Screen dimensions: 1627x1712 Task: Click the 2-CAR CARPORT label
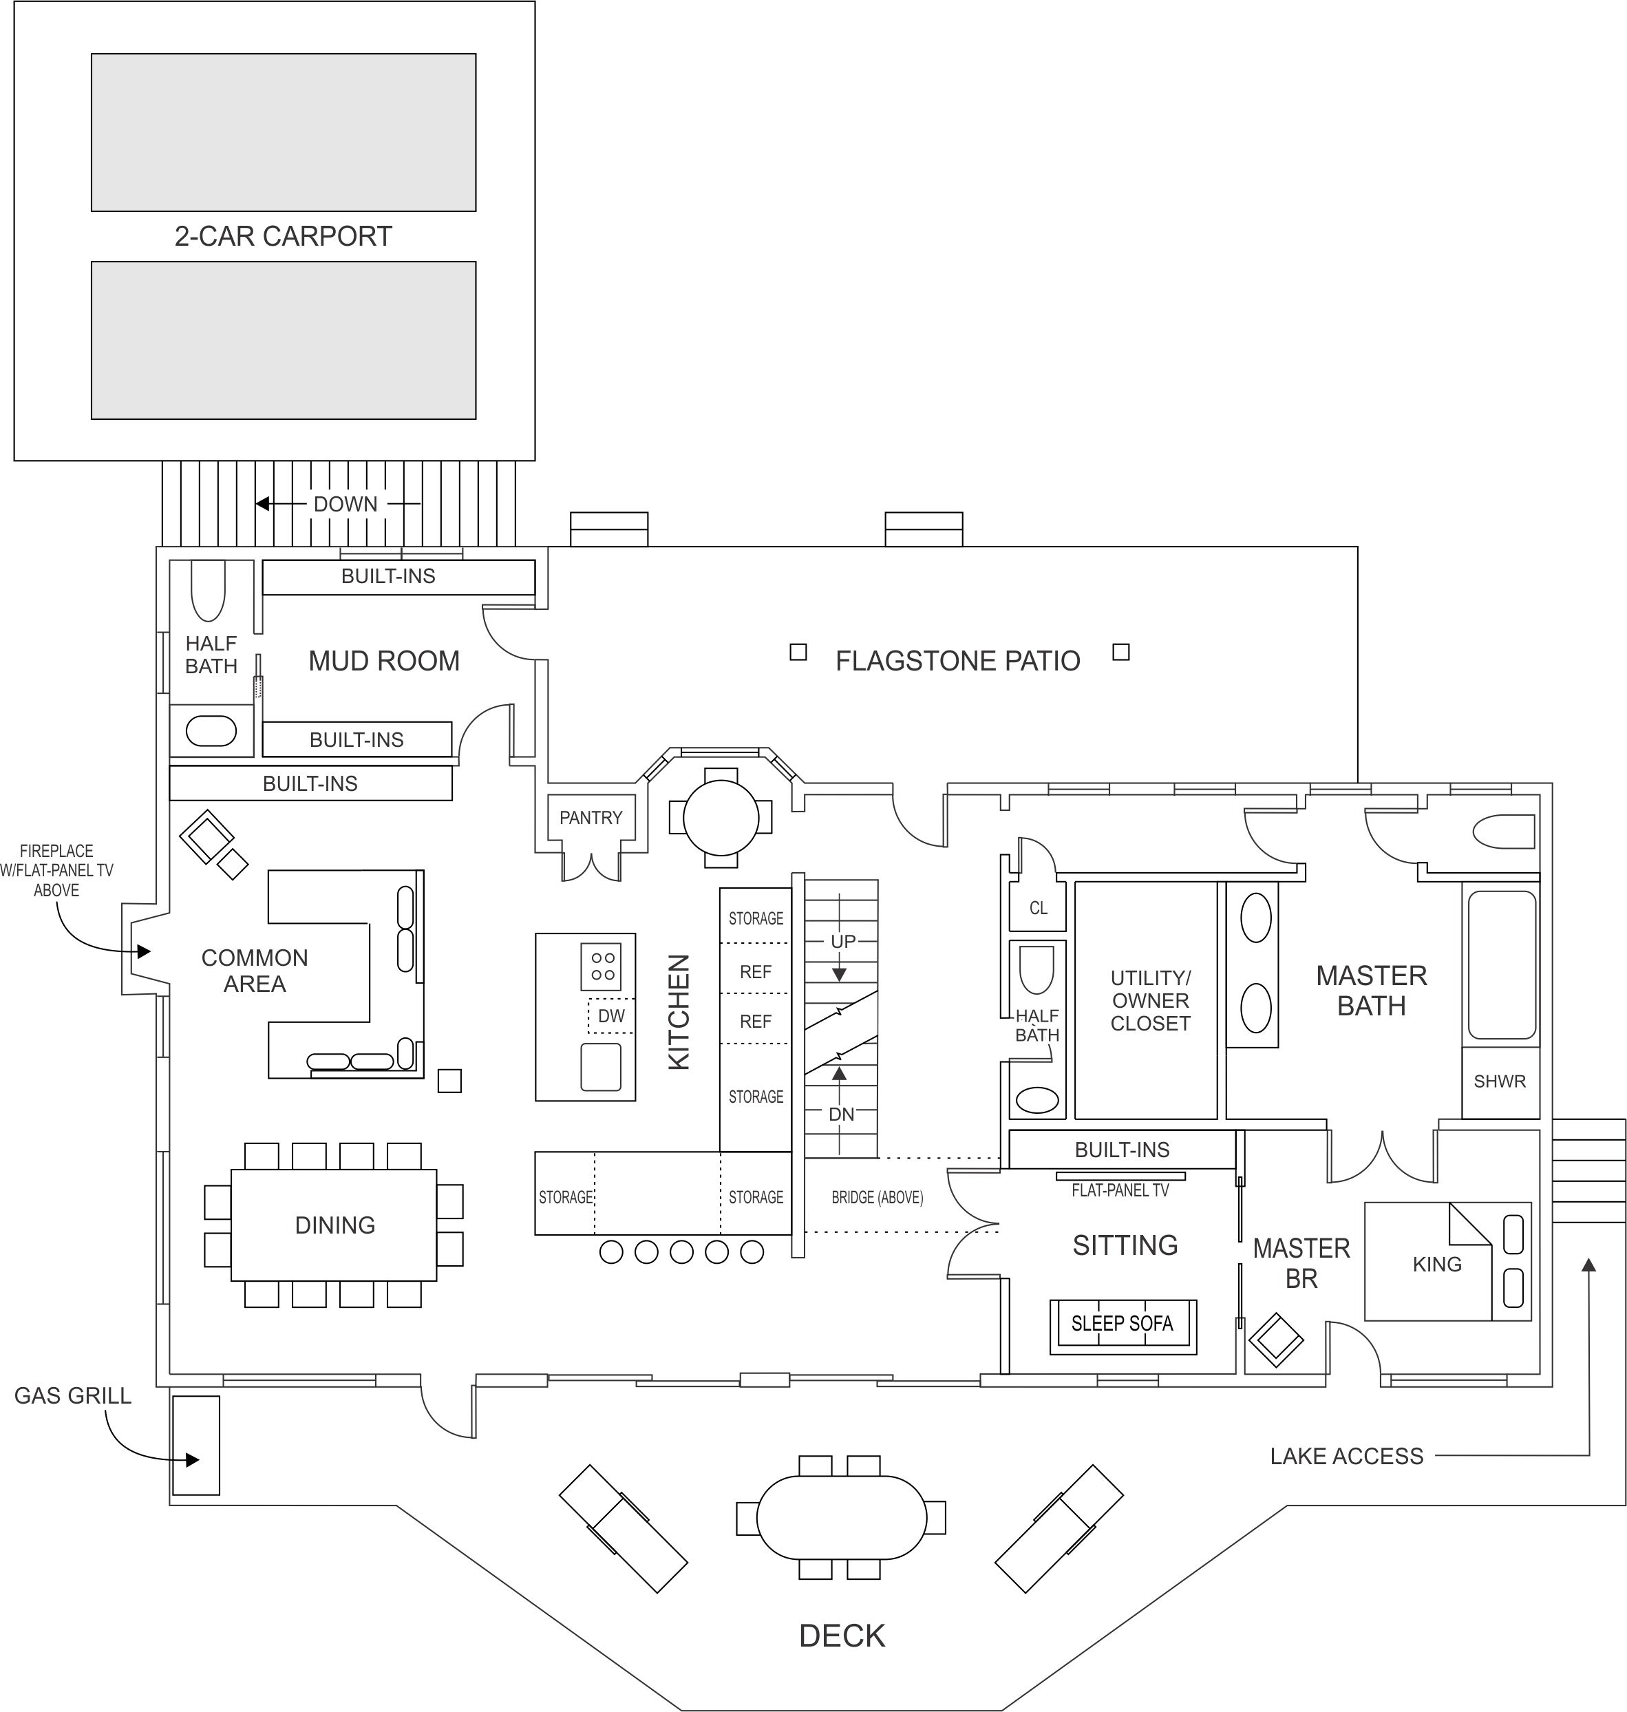click(x=283, y=236)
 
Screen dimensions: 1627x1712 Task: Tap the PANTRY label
click(x=591, y=817)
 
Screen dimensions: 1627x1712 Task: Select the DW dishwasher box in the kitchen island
click(x=611, y=1015)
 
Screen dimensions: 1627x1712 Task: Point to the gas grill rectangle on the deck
click(x=196, y=1445)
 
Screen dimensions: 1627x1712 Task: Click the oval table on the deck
click(x=841, y=1517)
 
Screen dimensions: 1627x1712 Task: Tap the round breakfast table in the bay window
click(x=721, y=817)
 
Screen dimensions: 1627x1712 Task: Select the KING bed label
click(x=1437, y=1264)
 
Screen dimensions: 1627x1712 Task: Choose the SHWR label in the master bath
click(x=1500, y=1081)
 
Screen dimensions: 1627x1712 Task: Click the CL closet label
click(x=1038, y=908)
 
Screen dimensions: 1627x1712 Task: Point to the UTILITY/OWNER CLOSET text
click(x=1150, y=1000)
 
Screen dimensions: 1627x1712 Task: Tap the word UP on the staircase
click(x=843, y=941)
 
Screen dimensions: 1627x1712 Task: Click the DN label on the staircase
click(x=841, y=1114)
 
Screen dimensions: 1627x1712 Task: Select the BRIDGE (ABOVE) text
click(x=877, y=1197)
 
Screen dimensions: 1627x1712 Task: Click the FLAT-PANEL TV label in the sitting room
click(x=1120, y=1191)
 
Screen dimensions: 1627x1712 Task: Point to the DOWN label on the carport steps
click(x=345, y=504)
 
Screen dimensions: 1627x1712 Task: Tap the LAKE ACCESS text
click(x=1346, y=1456)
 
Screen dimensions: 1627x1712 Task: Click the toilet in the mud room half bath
click(x=208, y=591)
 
